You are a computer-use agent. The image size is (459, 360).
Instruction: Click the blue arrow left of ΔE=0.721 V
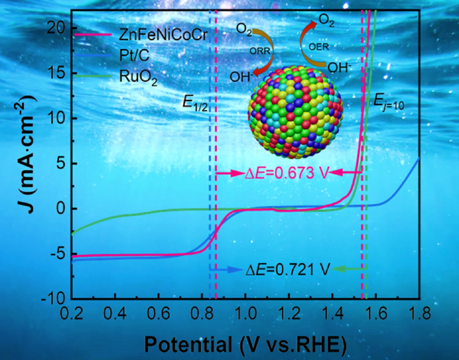pyautogui.click(x=224, y=269)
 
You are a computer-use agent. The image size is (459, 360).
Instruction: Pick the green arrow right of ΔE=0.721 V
pyautogui.click(x=348, y=269)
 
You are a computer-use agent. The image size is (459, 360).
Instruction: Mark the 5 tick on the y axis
pyautogui.click(x=59, y=163)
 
